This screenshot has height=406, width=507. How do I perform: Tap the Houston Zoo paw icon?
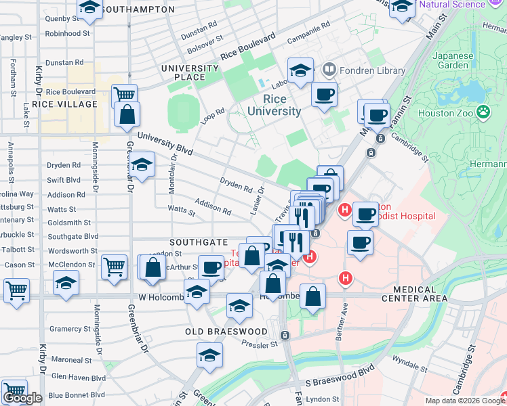point(483,112)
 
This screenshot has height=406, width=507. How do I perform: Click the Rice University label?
point(273,105)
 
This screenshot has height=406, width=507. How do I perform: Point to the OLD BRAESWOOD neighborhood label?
point(226,332)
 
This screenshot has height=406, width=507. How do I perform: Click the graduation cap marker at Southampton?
point(89,8)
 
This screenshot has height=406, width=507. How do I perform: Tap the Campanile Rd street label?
point(308,28)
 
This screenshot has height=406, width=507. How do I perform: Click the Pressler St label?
point(260,343)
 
